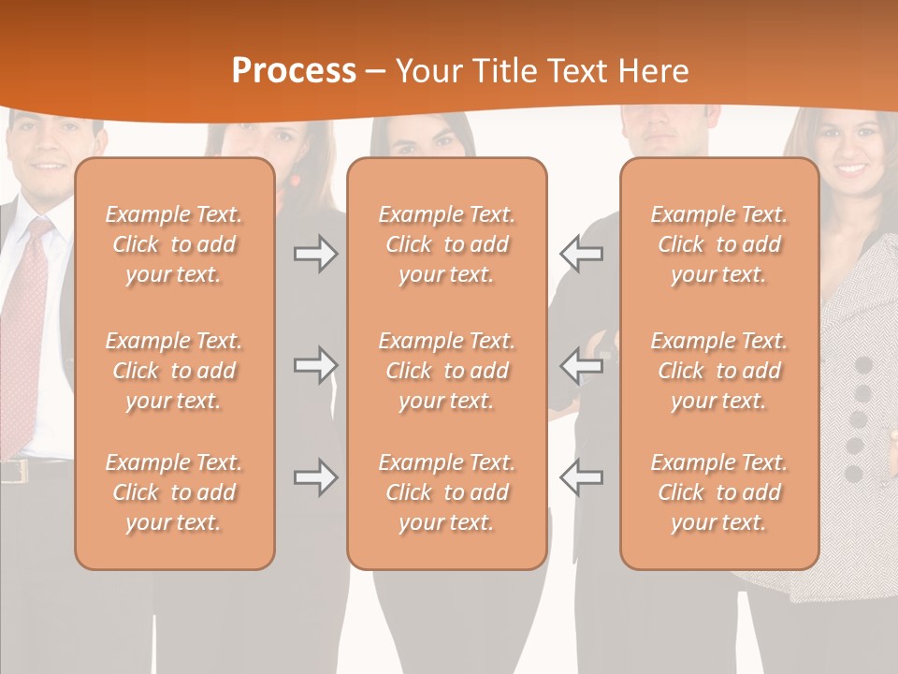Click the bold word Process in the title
coord(294,71)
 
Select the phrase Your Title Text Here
coord(543,71)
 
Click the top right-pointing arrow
coord(316,254)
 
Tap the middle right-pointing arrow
coord(316,365)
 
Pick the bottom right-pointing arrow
coord(316,477)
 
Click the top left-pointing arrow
coord(581,254)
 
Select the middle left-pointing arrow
coord(581,365)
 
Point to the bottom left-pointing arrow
coord(581,477)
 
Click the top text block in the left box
coord(174,244)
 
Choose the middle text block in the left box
coord(174,371)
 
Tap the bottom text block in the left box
coord(174,492)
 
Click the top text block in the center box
coord(446,244)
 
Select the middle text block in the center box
coord(446,371)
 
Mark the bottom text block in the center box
coord(446,492)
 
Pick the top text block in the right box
coord(718,244)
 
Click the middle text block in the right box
coord(718,371)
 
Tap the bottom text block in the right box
coord(718,492)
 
